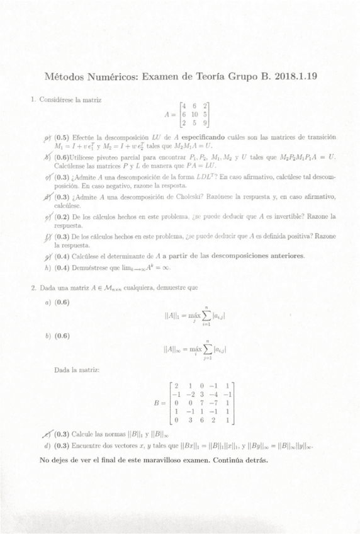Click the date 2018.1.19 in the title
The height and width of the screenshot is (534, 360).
[294, 77]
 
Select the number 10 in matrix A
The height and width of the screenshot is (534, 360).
[194, 115]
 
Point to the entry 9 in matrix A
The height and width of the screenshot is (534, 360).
[206, 125]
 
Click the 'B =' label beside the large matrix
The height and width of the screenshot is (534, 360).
[160, 401]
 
